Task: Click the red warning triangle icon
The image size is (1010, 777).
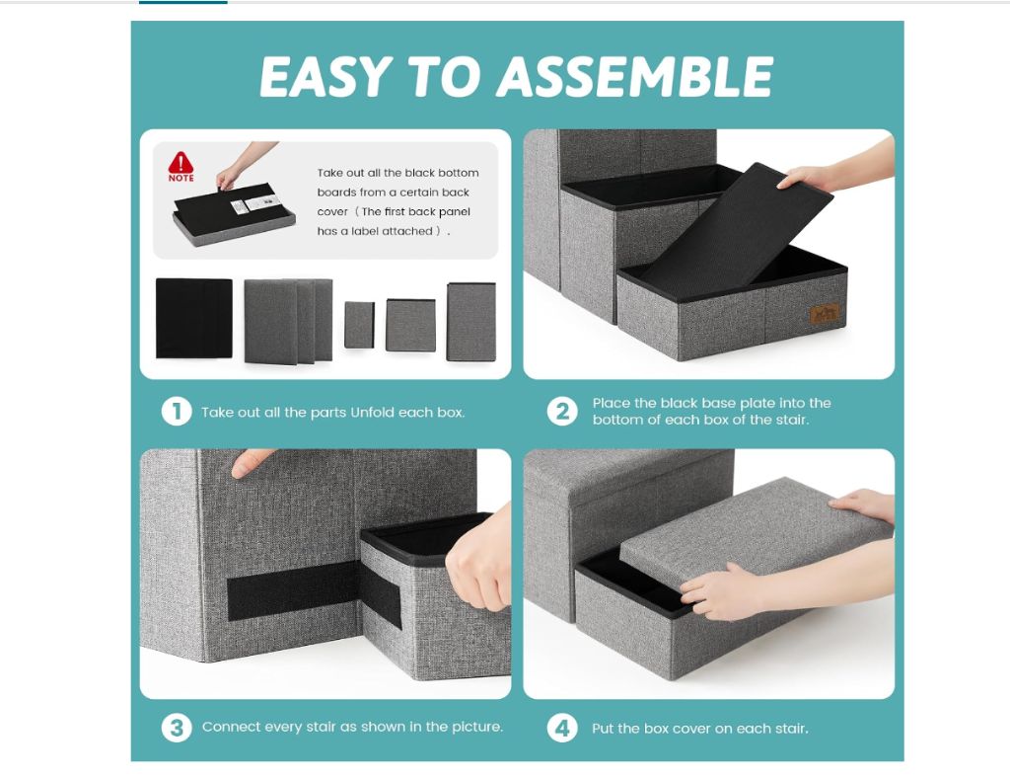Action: pos(181,163)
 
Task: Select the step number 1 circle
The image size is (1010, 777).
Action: pos(177,412)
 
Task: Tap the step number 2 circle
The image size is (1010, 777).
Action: pos(562,412)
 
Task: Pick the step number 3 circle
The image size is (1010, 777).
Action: pos(177,728)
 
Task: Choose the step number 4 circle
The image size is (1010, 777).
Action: pos(562,728)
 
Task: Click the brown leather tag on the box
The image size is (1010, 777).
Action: pos(826,314)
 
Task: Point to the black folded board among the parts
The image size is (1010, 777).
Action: pos(194,318)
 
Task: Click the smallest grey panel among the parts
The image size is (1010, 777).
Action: pos(359,325)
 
